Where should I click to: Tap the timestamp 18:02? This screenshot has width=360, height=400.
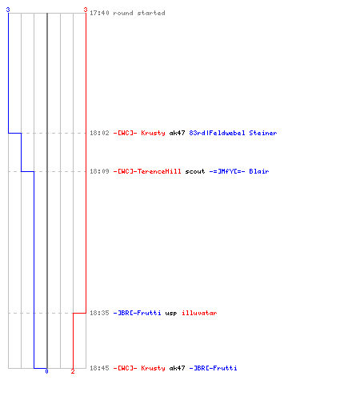(99, 133)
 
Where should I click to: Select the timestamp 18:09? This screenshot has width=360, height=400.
(99, 171)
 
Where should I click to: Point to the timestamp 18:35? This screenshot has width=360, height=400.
(99, 313)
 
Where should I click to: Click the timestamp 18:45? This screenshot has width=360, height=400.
(99, 368)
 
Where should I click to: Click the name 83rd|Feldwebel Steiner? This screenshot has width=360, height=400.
(233, 133)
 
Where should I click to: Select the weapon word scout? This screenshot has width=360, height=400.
(195, 171)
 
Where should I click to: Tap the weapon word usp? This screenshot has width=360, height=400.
(171, 313)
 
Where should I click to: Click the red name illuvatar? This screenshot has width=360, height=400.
(199, 313)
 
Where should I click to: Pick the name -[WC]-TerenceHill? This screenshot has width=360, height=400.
(147, 171)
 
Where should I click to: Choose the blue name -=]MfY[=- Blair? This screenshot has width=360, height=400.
(239, 171)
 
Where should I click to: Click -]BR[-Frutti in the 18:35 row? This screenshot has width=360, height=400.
(137, 313)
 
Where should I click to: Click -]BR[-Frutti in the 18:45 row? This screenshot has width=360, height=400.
(213, 368)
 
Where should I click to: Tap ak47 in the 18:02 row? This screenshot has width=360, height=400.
(177, 133)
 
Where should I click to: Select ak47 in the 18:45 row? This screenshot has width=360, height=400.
(177, 368)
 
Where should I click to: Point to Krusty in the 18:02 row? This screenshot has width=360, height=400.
(153, 133)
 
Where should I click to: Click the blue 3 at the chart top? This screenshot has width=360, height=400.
(8, 10)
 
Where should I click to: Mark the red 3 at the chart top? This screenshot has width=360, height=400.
(86, 10)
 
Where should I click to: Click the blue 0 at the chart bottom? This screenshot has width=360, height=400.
(46, 371)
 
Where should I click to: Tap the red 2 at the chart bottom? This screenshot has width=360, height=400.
(73, 371)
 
